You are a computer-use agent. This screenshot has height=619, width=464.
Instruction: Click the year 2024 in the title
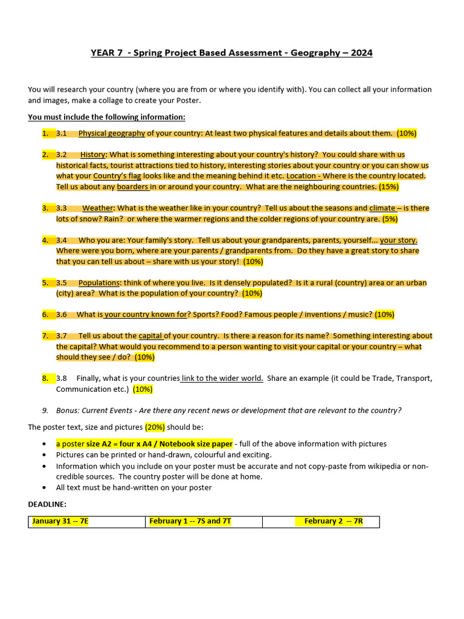click(361, 53)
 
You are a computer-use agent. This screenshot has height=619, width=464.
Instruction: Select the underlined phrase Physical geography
click(112, 133)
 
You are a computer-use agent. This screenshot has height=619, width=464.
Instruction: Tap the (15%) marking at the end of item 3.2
click(388, 187)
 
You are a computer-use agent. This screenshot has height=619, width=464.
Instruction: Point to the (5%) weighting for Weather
click(390, 219)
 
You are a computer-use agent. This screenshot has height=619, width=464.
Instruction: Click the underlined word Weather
click(98, 208)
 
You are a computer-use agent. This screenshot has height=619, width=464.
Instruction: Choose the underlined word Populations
click(100, 283)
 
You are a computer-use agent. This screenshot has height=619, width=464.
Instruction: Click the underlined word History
click(92, 155)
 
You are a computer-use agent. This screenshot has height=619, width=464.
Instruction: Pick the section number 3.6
click(62, 314)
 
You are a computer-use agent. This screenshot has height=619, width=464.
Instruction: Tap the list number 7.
click(45, 336)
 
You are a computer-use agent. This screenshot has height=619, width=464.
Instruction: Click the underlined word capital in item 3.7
click(150, 336)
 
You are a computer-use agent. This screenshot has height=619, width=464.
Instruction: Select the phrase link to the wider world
click(222, 378)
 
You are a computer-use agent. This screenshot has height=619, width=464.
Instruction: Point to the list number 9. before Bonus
click(45, 410)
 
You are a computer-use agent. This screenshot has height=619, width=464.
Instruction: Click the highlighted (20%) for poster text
click(155, 427)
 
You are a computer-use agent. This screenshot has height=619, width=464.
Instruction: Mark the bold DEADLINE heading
click(47, 504)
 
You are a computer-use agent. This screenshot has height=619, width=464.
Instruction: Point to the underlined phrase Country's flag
click(117, 176)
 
